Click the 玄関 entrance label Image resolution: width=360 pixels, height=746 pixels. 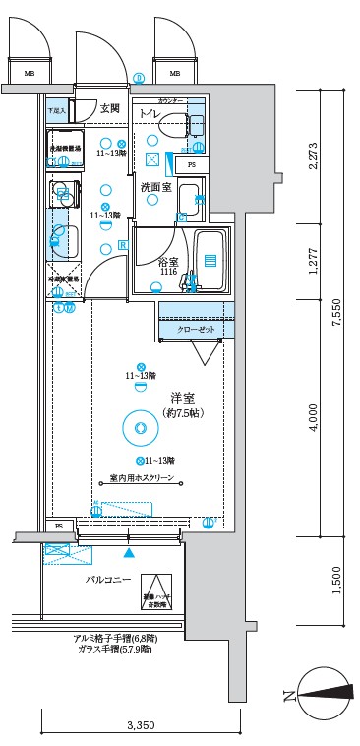tap(109, 109)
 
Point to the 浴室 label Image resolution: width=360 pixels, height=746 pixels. tap(166, 262)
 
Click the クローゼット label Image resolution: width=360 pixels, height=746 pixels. tap(197, 329)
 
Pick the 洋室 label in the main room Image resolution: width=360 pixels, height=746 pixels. tap(181, 398)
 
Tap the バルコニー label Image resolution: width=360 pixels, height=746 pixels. tap(107, 581)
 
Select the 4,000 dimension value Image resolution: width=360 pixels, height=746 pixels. tap(313, 417)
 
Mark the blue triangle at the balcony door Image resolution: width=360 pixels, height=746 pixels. tap(127, 552)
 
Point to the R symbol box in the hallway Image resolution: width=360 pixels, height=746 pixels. tap(123, 245)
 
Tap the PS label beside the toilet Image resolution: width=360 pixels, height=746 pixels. tap(191, 164)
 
